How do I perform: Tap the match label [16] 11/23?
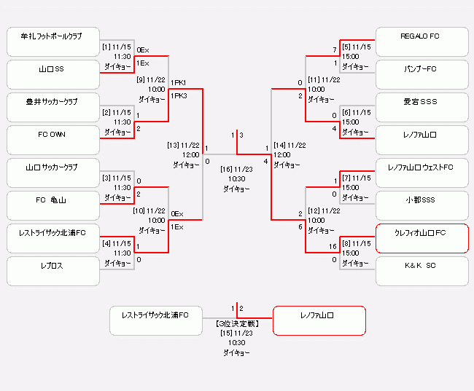(237, 168)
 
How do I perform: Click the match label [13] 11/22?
(183, 145)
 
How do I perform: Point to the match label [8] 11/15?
(357, 243)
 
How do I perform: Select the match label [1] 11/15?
(117, 47)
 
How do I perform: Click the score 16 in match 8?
(333, 247)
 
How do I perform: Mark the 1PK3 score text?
(179, 95)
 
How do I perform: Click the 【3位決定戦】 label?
(237, 323)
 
